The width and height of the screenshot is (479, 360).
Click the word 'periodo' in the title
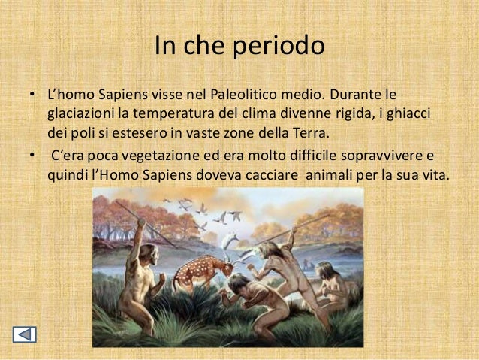tap(279, 47)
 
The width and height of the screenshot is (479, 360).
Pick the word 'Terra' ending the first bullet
tap(309, 133)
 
